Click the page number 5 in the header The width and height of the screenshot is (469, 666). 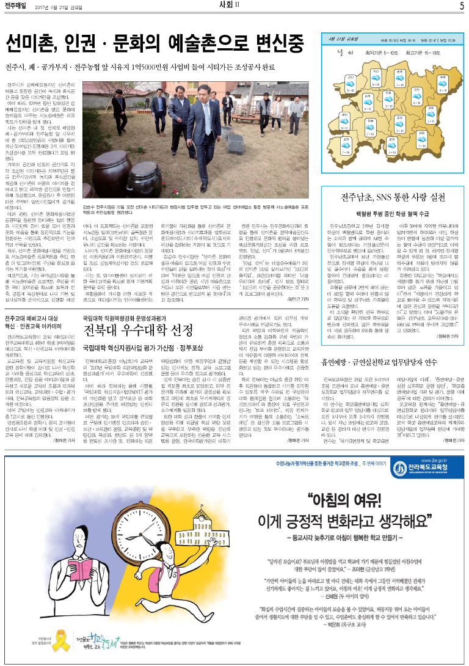pyautogui.click(x=462, y=6)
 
